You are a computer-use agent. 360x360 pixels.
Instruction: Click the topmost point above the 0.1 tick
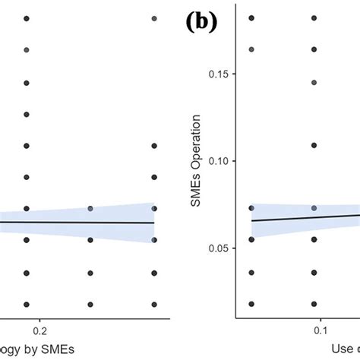pos(314,17)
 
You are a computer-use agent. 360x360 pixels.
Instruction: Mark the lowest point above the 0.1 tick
pos(314,303)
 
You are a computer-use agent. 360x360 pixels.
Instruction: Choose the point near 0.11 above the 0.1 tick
pos(314,144)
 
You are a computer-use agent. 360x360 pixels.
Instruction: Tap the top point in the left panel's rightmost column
pos(154,17)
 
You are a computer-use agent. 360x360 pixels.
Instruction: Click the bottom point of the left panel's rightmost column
pos(154,303)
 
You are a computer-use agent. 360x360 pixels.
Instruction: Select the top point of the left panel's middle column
pos(90,208)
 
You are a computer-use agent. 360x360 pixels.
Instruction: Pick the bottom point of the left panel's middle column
pos(90,303)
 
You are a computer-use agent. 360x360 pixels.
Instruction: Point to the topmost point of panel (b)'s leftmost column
pos(251,17)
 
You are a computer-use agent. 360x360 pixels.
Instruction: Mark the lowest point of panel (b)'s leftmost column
pos(251,303)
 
